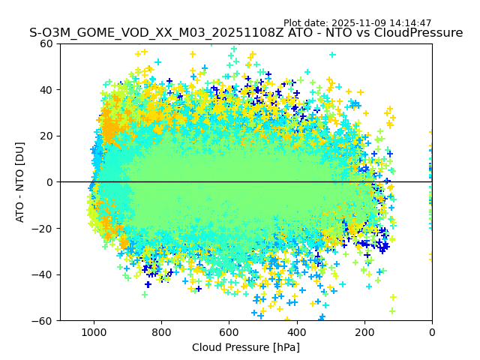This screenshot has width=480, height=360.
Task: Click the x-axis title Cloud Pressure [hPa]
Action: coord(246,347)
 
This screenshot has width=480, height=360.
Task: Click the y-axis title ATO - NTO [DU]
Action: coord(20,182)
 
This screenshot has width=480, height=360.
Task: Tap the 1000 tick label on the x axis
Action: coord(94,331)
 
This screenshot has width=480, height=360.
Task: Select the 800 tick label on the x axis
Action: coord(161,331)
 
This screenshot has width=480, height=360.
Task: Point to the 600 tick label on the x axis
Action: coord(229,331)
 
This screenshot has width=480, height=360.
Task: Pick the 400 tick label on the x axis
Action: coord(296,331)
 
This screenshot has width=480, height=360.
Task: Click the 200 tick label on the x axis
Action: coord(364,331)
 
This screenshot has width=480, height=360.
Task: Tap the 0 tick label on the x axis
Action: coord(431,331)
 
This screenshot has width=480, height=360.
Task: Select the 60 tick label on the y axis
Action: coord(46,43)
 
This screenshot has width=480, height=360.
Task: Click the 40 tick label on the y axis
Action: coord(46,90)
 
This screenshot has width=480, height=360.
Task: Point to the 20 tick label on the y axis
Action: coord(46,136)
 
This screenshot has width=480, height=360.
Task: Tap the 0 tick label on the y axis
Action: coord(49,182)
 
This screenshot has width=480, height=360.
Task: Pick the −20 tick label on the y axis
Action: coord(43,228)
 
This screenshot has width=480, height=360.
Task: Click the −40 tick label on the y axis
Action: coord(43,274)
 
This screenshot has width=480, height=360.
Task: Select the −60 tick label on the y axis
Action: coord(43,320)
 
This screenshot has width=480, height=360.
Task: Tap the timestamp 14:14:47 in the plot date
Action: coord(410,23)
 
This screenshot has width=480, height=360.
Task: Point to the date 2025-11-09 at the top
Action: coord(358,23)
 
